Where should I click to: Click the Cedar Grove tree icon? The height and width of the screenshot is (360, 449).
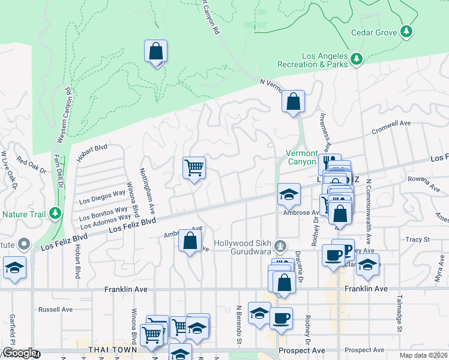[408, 31]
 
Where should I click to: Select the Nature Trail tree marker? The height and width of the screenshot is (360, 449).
[55, 213]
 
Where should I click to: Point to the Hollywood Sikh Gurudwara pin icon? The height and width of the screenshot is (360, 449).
[280, 245]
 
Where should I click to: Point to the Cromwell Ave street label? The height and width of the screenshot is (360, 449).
[390, 124]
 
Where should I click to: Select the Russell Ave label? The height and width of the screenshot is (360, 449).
[55, 310]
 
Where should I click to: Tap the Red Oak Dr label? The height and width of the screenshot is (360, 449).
[31, 165]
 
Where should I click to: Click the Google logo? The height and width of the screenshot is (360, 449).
[19, 353]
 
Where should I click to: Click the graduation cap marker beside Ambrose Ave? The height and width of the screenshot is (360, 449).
[289, 194]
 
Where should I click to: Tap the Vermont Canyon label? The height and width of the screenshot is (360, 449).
[300, 157]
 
